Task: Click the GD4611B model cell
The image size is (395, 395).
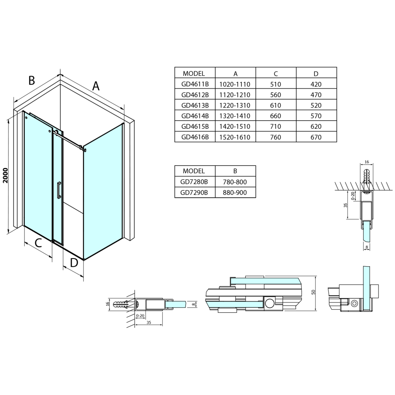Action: [x=195, y=84]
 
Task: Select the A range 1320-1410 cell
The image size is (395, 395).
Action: [x=235, y=116]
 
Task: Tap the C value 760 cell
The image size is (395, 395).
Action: [x=276, y=137]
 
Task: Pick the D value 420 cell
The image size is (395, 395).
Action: [x=316, y=84]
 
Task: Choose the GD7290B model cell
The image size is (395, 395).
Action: [x=195, y=192]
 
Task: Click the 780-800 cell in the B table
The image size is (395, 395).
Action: [x=235, y=182]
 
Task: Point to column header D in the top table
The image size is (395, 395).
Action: [x=316, y=73]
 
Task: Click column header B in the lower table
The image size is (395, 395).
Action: [x=235, y=171]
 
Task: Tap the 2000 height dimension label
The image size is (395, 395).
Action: [x=5, y=176]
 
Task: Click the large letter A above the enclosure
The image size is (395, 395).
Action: [x=96, y=86]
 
